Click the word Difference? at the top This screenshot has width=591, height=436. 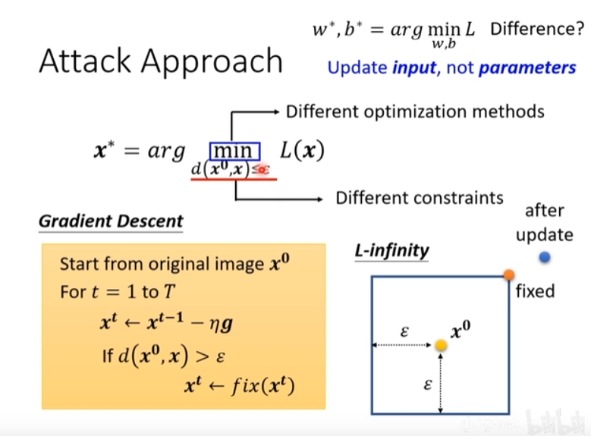click(536, 30)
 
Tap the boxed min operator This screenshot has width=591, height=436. click(234, 150)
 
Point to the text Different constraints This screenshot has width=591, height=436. click(420, 198)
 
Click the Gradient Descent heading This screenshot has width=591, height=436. click(111, 221)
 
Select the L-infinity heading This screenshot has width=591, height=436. click(391, 250)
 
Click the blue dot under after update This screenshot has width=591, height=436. click(545, 257)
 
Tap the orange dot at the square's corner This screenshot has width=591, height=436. click(509, 274)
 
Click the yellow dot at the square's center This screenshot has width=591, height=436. click(440, 346)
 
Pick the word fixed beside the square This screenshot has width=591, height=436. click(535, 291)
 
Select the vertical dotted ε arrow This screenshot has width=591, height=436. click(440, 384)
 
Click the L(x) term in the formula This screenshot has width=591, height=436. click(301, 150)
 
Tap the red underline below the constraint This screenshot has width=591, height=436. click(234, 180)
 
